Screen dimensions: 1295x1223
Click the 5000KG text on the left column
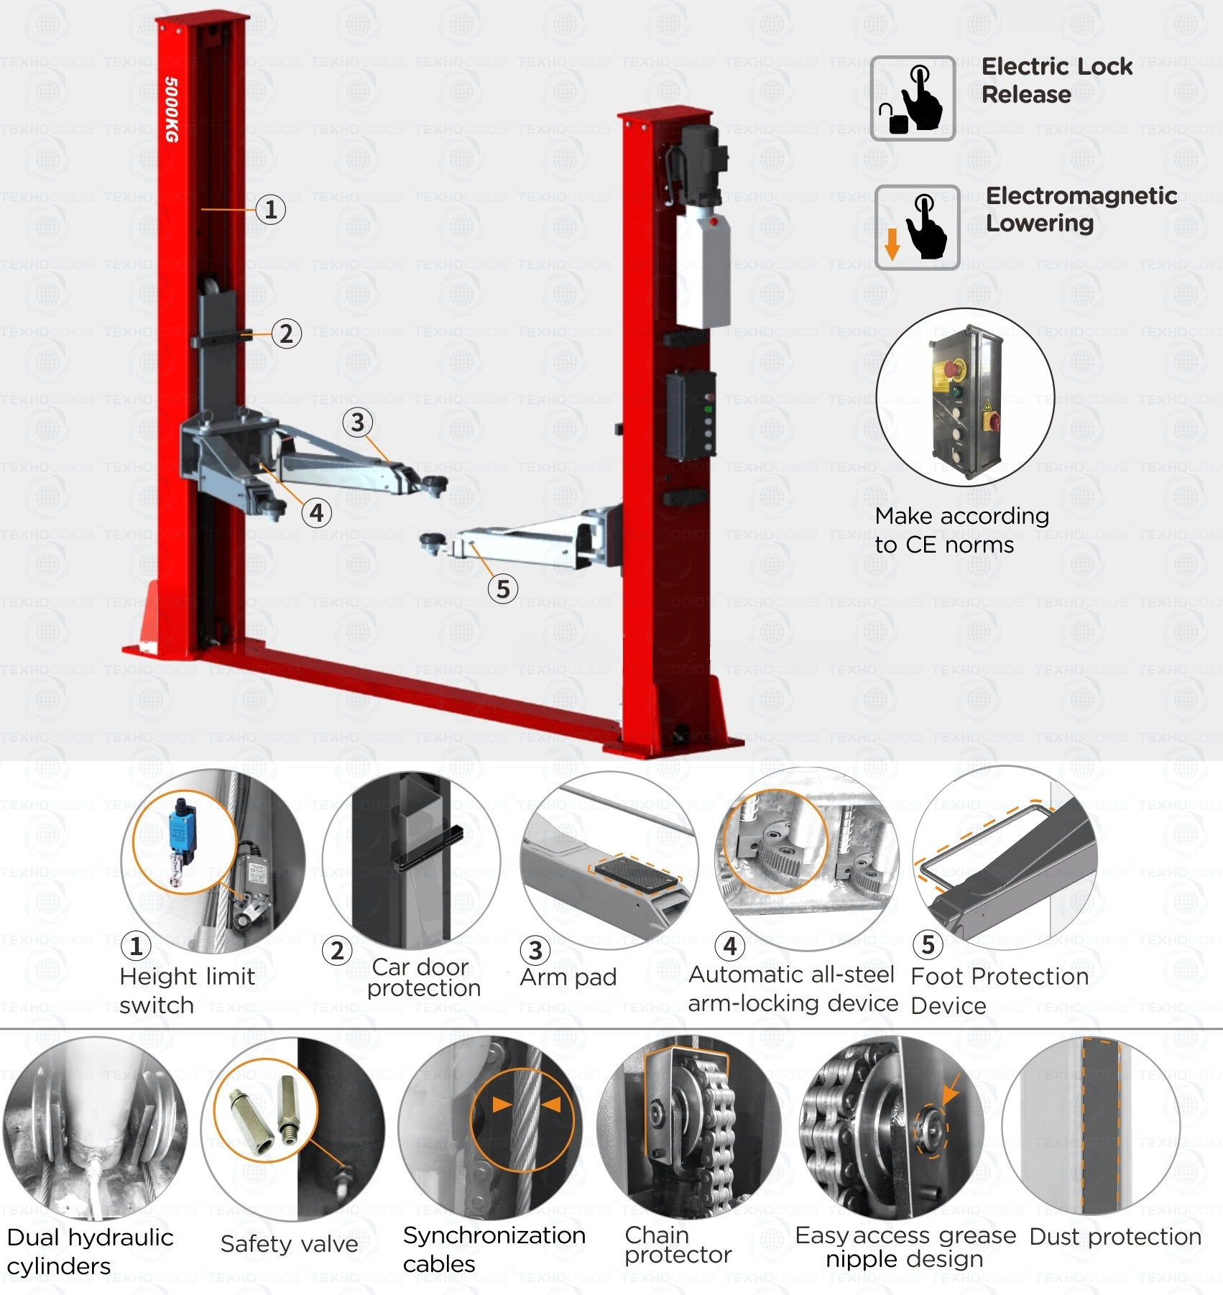172,109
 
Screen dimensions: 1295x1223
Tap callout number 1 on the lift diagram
271,210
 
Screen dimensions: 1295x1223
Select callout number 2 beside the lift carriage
287,333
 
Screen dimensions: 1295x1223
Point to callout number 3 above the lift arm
357,422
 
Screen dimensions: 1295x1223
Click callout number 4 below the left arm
317,513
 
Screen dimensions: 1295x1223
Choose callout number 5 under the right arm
503,589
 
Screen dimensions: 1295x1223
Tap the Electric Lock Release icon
913,98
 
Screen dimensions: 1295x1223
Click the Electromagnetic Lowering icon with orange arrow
917,227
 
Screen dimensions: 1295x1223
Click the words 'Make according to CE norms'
961,530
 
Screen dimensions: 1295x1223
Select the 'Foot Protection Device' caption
999,990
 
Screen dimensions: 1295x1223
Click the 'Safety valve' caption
289,1243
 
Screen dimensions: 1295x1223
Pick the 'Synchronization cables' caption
494,1249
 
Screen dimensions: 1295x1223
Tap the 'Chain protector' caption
677,1245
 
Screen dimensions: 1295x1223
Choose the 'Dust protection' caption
1115,1237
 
